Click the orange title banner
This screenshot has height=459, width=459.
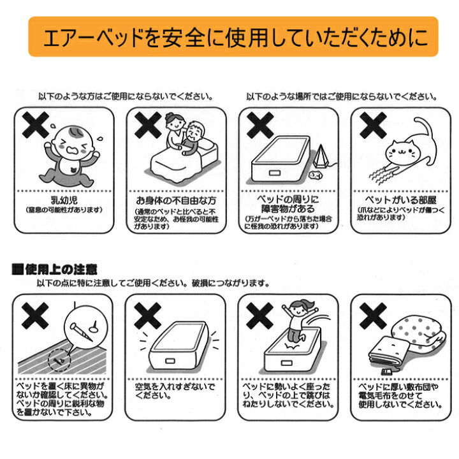[x=233, y=36]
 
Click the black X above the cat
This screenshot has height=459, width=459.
[x=373, y=125]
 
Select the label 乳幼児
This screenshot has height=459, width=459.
[x=64, y=200]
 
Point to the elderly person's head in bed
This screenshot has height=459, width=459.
[x=194, y=131]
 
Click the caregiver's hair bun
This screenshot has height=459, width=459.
[x=169, y=116]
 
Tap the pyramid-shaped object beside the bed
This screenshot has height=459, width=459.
[x=321, y=156]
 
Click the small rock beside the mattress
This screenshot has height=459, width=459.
[x=316, y=175]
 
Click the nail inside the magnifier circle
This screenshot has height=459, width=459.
[x=82, y=332]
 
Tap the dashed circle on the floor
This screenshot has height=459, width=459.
[x=59, y=360]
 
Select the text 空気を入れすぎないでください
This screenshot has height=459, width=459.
[x=175, y=391]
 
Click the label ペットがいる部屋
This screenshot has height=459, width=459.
[x=401, y=200]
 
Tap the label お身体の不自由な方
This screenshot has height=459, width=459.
[x=176, y=201]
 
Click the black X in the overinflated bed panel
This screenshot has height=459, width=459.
[x=147, y=316]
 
